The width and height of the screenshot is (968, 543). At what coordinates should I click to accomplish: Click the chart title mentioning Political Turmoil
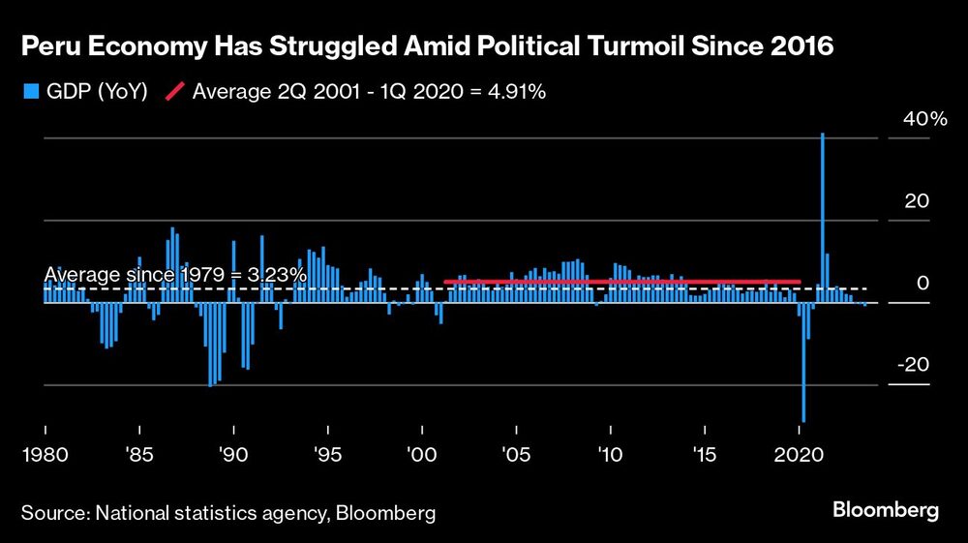[x=427, y=46]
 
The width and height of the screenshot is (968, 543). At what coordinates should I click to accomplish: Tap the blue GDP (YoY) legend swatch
[x=29, y=92]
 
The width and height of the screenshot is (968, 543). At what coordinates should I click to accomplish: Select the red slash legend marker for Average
[x=175, y=92]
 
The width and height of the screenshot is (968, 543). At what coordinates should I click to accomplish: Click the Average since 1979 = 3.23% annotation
[x=175, y=275]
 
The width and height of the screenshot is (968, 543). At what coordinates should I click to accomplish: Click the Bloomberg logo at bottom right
[x=886, y=510]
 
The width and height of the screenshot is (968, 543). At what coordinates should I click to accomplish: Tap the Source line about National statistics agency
[x=228, y=513]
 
